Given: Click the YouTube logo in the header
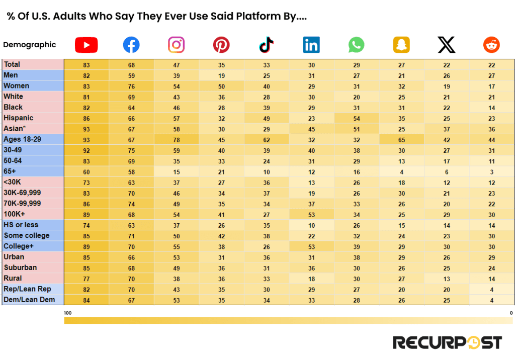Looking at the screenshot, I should tap(86, 45).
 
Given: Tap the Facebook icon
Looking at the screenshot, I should tap(131, 45).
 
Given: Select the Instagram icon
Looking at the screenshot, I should tap(176, 45).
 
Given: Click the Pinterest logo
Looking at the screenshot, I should tap(221, 45).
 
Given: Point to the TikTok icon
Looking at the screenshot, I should tap(266, 45).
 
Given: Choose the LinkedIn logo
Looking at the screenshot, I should tap(311, 45).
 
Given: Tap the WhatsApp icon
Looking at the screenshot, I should tap(356, 45).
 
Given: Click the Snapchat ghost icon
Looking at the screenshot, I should tap(401, 45).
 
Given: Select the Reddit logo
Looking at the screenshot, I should tap(491, 45).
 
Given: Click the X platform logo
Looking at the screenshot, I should tap(446, 45).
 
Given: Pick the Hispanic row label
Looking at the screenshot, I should tap(19, 118).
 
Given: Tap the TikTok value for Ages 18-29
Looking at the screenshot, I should tap(267, 140).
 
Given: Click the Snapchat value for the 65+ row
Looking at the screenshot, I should tap(401, 172).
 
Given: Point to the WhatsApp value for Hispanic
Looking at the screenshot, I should tap(357, 118).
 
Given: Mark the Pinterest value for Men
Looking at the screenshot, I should tap(221, 75).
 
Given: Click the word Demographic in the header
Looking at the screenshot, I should tap(29, 45).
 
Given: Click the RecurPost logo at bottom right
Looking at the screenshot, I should tap(447, 342).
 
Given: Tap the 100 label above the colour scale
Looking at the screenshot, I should tap(68, 313).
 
